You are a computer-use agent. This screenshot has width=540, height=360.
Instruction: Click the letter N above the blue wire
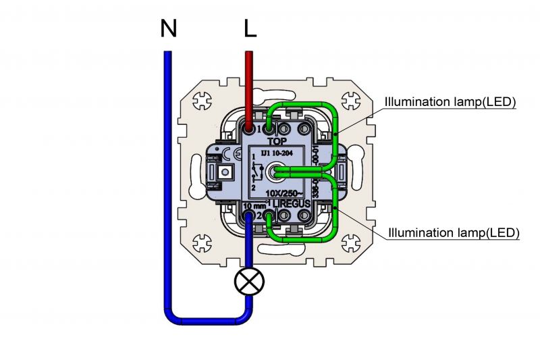click(x=169, y=28)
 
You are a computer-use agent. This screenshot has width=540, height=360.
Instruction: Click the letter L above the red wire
click(x=250, y=28)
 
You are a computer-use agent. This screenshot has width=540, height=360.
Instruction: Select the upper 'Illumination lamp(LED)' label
click(x=450, y=103)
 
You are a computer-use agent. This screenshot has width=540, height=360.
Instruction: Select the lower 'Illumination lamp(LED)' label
click(x=453, y=233)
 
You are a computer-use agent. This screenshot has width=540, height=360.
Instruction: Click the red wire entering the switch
click(x=249, y=88)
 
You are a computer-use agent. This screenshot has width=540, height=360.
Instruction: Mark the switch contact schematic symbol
click(x=254, y=172)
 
